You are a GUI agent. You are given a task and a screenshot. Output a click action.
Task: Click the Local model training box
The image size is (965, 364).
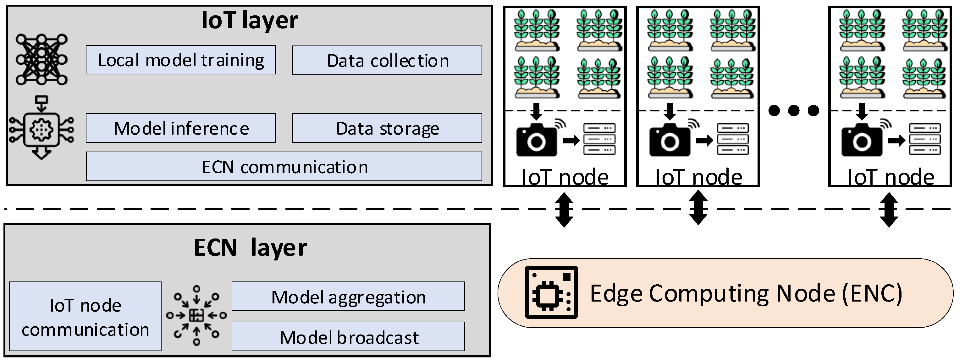[x=180, y=60]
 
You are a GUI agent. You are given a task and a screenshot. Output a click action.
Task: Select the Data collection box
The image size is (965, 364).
[x=387, y=61]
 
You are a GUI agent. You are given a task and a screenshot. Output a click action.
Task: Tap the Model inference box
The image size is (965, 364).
[x=180, y=128]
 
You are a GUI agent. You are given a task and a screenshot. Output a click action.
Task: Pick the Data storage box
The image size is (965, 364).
[x=387, y=128]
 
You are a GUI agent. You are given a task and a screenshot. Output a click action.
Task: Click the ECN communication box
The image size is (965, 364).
[x=284, y=167]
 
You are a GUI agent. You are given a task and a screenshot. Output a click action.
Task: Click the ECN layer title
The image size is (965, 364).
[x=250, y=248]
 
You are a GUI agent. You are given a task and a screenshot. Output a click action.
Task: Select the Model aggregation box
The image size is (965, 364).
[x=348, y=297]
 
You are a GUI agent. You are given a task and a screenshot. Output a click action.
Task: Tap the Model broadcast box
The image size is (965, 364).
[x=348, y=337]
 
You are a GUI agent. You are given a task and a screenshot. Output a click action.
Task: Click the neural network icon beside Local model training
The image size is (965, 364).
[x=41, y=60]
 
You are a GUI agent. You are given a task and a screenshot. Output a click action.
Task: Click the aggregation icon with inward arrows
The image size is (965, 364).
[x=196, y=315]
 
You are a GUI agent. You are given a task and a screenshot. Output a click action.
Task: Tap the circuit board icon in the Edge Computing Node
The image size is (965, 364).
[x=551, y=292]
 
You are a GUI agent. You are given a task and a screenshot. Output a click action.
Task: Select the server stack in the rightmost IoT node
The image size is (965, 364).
[x=925, y=139]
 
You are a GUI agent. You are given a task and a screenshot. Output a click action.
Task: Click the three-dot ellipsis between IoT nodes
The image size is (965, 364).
[x=793, y=111]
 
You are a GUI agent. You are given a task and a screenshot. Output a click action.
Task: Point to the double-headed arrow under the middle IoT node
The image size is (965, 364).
[x=698, y=208]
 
